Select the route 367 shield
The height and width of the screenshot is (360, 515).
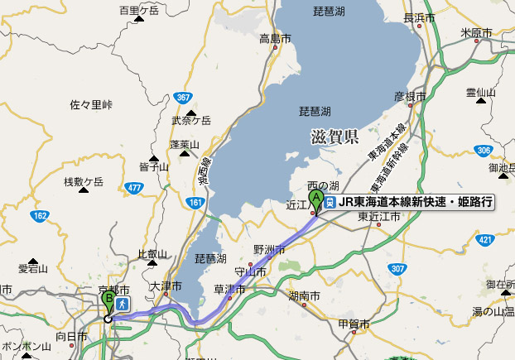click(x=184, y=98)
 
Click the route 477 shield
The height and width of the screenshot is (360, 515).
click(x=134, y=188)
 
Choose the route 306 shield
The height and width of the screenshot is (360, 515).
click(x=484, y=150)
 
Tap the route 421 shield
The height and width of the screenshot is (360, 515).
click(x=486, y=240)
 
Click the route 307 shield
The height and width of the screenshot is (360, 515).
click(x=398, y=268)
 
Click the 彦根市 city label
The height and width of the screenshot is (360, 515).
click(x=409, y=97)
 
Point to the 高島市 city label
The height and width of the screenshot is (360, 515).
click(x=275, y=38)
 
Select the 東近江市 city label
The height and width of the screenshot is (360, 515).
click(x=379, y=216)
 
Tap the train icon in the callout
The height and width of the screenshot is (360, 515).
click(x=330, y=201)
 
